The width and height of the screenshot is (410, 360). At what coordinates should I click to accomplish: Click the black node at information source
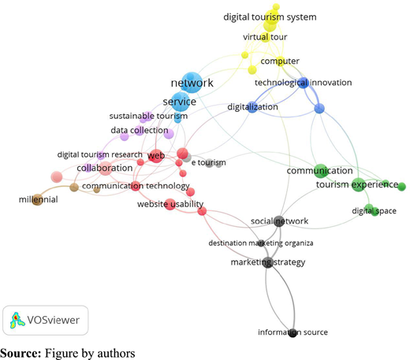point(293,332)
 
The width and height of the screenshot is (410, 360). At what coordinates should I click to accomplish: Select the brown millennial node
point(38,199)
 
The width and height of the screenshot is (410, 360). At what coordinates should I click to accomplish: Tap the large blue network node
point(192,83)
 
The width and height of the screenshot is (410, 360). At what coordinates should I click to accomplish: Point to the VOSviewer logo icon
point(17,320)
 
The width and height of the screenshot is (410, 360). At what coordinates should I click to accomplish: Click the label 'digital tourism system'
point(270,17)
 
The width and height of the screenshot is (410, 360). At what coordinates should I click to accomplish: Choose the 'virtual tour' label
point(265,37)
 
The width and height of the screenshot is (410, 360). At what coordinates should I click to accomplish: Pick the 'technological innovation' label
point(303,83)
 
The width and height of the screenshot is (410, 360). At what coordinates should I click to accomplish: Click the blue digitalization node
point(252,107)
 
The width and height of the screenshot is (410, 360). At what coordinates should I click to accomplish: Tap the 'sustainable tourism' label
point(148,116)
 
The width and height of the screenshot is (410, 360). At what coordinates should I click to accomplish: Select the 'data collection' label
point(140,130)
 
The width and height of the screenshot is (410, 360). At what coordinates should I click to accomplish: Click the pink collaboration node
point(105,169)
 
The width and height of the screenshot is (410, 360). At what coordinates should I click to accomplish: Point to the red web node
point(156,156)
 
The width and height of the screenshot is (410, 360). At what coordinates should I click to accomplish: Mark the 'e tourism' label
point(208,162)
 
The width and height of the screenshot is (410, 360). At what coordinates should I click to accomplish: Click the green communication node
point(320,171)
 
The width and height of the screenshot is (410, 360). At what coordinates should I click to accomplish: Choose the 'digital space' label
point(374,211)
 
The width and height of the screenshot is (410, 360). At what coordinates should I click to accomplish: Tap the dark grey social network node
point(279,221)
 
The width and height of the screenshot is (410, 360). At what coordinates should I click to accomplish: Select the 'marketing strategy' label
point(268,262)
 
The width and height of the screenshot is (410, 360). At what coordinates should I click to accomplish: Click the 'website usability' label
point(170,204)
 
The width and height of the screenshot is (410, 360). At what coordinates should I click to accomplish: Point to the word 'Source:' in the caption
point(20,353)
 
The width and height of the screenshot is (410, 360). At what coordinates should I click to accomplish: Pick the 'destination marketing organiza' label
point(261,243)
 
